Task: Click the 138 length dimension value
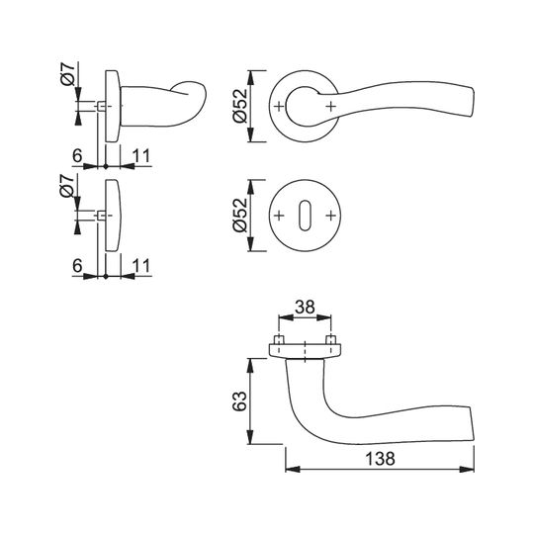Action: coord(380,459)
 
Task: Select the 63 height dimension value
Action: coord(239,401)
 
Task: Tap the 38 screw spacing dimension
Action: coord(305,308)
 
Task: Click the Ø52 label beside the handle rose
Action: coord(239,105)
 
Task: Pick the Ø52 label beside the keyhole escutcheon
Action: coord(239,215)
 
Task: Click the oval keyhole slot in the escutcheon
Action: coord(305,216)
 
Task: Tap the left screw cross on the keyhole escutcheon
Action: coord(279,216)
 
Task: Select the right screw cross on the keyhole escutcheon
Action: coord(330,216)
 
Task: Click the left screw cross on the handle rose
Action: coord(279,107)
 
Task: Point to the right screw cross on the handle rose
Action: coord(330,107)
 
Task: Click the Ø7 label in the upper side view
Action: coord(67,74)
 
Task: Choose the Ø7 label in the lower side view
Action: coord(67,186)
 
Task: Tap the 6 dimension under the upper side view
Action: coord(77,156)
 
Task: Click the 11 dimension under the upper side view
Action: coord(141,156)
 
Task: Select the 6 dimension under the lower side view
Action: coord(77,266)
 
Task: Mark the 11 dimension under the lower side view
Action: coord(141,266)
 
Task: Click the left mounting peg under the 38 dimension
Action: coord(279,340)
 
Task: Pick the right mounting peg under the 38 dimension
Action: coord(330,340)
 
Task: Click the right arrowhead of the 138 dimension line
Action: coord(467,470)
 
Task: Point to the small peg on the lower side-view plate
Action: coord(102,216)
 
